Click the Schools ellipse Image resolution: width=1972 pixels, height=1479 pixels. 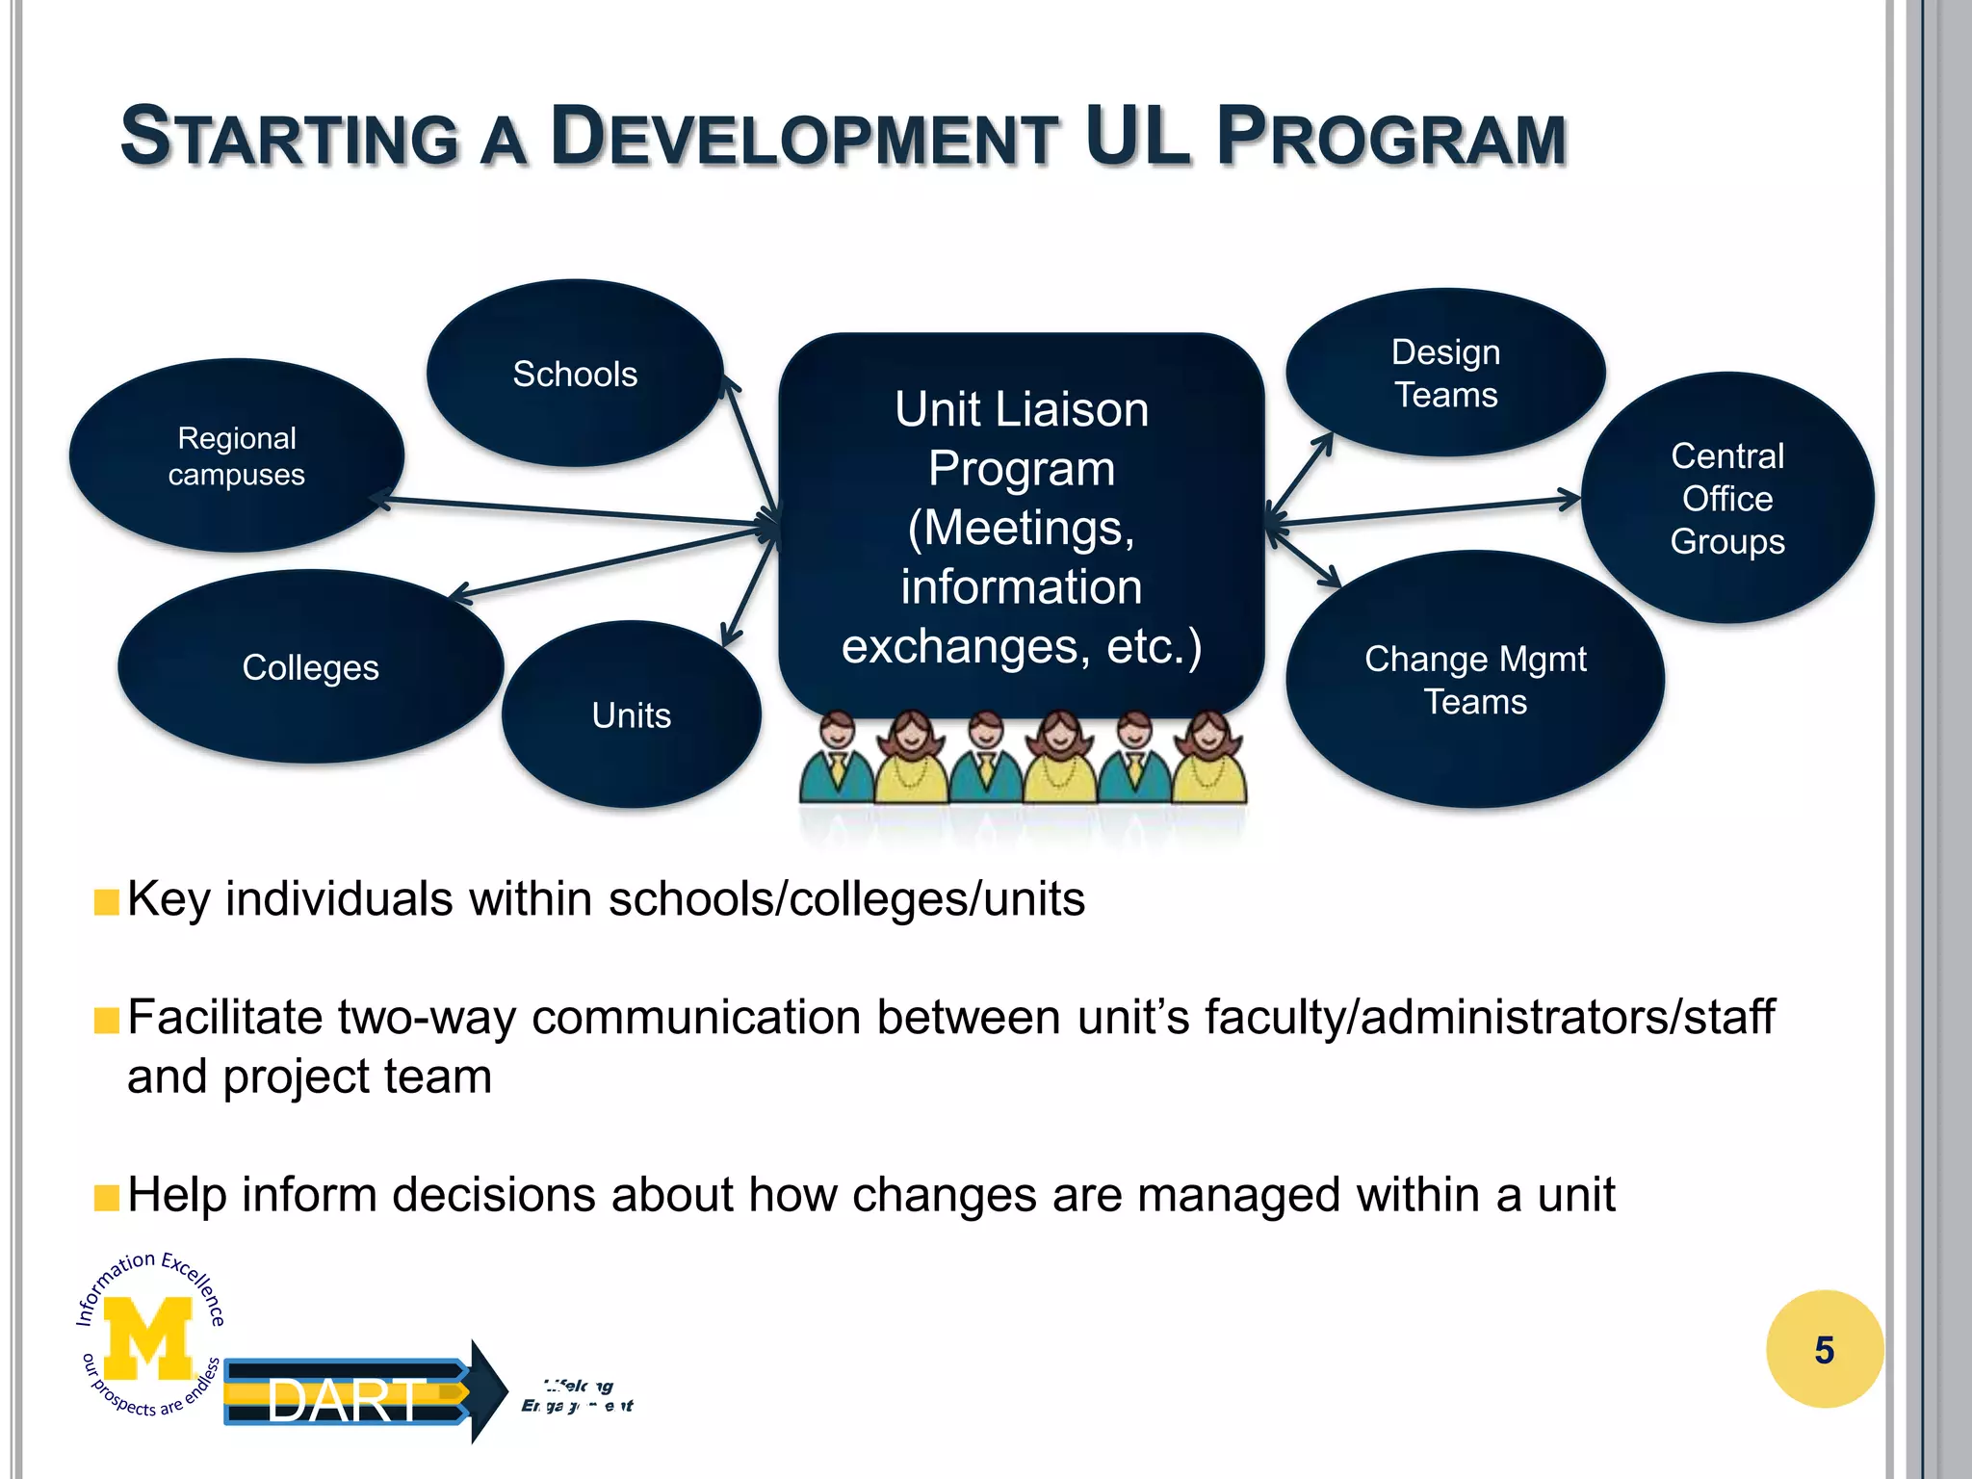(x=575, y=374)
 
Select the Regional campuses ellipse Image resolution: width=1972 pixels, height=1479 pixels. (x=237, y=455)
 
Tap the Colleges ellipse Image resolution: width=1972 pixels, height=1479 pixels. (x=310, y=666)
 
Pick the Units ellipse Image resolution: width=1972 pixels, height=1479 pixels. (x=631, y=714)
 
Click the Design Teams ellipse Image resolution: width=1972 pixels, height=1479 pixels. (x=1445, y=373)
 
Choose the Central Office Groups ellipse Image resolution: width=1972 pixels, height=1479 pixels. (x=1727, y=498)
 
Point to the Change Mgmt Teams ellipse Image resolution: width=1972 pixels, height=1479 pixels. (x=1475, y=680)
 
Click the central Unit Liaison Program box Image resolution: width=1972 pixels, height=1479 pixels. (x=1021, y=527)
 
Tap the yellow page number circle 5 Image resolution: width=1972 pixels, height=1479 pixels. (x=1824, y=1349)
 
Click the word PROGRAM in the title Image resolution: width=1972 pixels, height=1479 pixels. (x=1391, y=138)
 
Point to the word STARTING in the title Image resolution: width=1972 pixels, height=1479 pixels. (x=289, y=138)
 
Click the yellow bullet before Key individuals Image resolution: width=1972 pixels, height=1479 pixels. (x=106, y=902)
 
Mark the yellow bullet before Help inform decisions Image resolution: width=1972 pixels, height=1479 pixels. (x=106, y=1198)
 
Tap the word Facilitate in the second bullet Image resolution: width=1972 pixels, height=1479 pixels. (x=223, y=1017)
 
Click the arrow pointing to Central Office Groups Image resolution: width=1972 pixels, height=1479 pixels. (x=1425, y=511)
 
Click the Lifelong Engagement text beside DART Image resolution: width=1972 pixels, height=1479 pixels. (x=578, y=1396)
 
